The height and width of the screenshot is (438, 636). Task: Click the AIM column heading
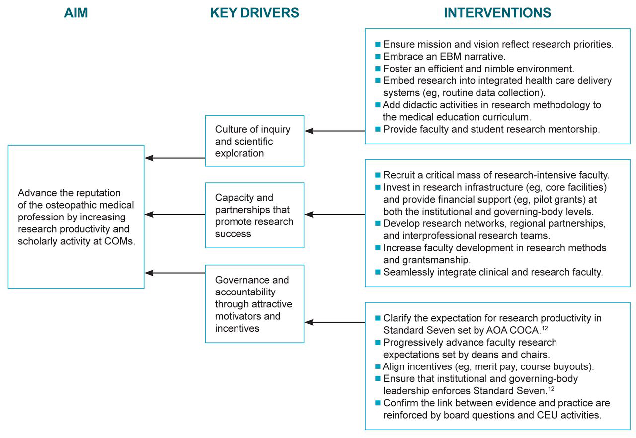click(x=76, y=13)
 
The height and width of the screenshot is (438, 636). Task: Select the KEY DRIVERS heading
click(x=254, y=13)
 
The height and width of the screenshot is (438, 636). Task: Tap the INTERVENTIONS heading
click(x=497, y=13)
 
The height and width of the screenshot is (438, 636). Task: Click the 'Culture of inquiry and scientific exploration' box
click(x=254, y=141)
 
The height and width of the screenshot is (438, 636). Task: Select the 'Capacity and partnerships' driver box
click(x=254, y=215)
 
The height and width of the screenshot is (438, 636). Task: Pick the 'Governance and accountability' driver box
click(x=254, y=304)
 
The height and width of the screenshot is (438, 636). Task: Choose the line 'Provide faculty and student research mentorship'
click(x=491, y=129)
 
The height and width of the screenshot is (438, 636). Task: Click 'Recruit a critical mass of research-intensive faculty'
click(x=496, y=175)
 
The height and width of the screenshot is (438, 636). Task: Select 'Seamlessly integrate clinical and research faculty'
click(x=492, y=272)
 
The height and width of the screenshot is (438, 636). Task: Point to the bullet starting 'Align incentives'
click(x=488, y=367)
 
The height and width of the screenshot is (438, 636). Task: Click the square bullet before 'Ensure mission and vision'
click(x=378, y=44)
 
